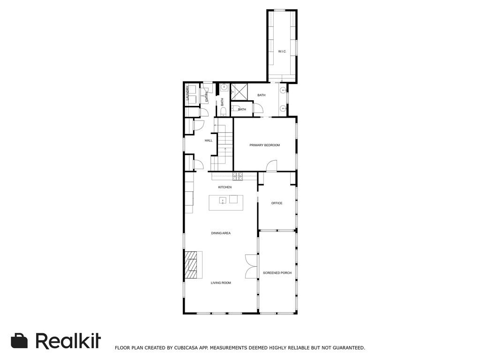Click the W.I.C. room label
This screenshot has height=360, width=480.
282,51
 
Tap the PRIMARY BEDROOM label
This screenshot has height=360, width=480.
264,145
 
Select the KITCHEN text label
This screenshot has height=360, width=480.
225,187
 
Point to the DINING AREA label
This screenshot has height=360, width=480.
221,233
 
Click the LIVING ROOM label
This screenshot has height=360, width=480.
221,283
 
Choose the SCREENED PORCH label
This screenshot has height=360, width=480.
277,273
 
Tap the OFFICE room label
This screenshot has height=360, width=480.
277,203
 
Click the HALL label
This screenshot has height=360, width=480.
209,140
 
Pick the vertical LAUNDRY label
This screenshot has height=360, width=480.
188,93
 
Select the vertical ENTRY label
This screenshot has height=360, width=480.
207,97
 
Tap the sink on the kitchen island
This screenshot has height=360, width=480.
223,201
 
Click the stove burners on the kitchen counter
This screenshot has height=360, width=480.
238,176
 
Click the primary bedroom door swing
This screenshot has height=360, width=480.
271,165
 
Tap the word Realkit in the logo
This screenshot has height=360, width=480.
68,341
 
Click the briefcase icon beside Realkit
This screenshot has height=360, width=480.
19,341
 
